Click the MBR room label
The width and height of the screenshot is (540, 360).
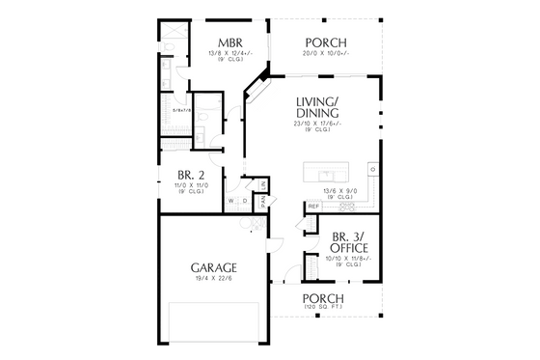click(229, 42)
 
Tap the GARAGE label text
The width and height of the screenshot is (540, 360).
click(215, 266)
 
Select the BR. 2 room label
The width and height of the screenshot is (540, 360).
click(190, 175)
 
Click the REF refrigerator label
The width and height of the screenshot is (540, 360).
click(313, 206)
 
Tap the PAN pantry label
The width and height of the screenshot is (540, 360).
click(261, 202)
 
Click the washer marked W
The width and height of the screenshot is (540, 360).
click(231, 202)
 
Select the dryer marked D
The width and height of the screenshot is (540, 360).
click(245, 202)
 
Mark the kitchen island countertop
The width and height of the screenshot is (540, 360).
click(334, 173)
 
